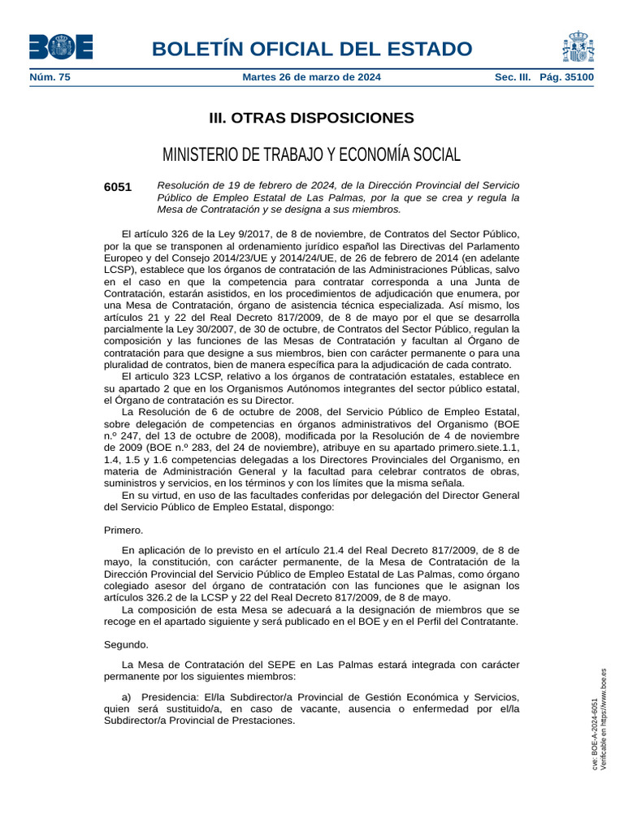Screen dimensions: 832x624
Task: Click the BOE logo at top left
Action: click(x=61, y=46)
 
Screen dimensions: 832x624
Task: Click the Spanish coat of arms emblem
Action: click(x=577, y=47)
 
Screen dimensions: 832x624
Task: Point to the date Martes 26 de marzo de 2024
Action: click(x=312, y=78)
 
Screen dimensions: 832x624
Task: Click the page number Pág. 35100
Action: click(x=566, y=78)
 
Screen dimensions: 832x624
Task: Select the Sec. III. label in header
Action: click(x=513, y=78)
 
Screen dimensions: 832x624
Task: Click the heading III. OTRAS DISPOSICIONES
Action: click(x=312, y=119)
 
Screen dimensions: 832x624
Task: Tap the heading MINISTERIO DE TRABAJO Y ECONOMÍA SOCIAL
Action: click(x=312, y=154)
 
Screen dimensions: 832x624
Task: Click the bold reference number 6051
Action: click(x=118, y=187)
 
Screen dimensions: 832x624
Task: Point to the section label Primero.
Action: click(x=123, y=531)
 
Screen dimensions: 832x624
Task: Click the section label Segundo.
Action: click(x=127, y=644)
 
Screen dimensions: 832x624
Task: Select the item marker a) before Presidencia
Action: click(x=127, y=697)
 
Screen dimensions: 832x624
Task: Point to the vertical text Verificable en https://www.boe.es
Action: click(x=603, y=719)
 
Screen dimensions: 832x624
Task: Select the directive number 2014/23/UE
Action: click(x=235, y=258)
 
